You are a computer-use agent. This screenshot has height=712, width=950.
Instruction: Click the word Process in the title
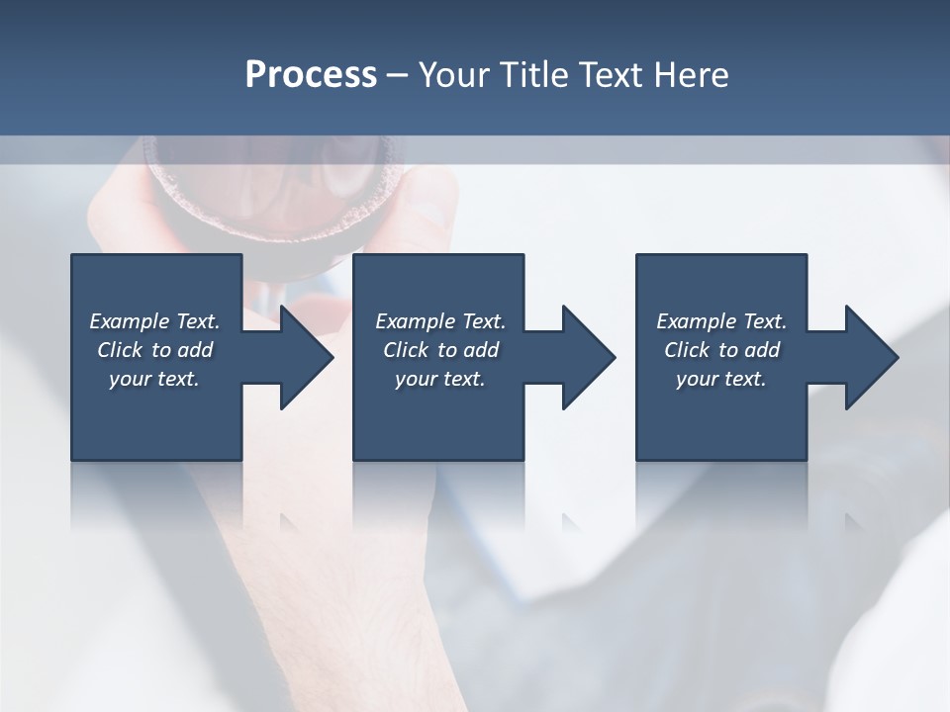pyautogui.click(x=311, y=75)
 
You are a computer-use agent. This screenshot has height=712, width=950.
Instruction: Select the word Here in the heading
pyautogui.click(x=692, y=75)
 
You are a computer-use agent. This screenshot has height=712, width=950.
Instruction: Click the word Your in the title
pyautogui.click(x=457, y=75)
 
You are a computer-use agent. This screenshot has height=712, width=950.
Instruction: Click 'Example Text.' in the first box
pyautogui.click(x=154, y=321)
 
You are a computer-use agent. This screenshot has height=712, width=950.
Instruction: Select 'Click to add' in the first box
pyautogui.click(x=154, y=350)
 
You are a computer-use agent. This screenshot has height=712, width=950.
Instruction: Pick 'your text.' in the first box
pyautogui.click(x=154, y=379)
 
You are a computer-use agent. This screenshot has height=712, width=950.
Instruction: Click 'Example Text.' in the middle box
pyautogui.click(x=440, y=321)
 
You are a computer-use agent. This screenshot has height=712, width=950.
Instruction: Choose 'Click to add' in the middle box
pyautogui.click(x=440, y=350)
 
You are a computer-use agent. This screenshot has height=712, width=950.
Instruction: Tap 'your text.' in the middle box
pyautogui.click(x=440, y=379)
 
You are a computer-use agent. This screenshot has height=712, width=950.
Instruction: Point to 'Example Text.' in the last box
pyautogui.click(x=721, y=321)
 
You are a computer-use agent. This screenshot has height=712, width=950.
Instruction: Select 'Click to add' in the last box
pyautogui.click(x=721, y=350)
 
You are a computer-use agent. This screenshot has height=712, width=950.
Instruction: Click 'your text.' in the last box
pyautogui.click(x=721, y=379)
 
